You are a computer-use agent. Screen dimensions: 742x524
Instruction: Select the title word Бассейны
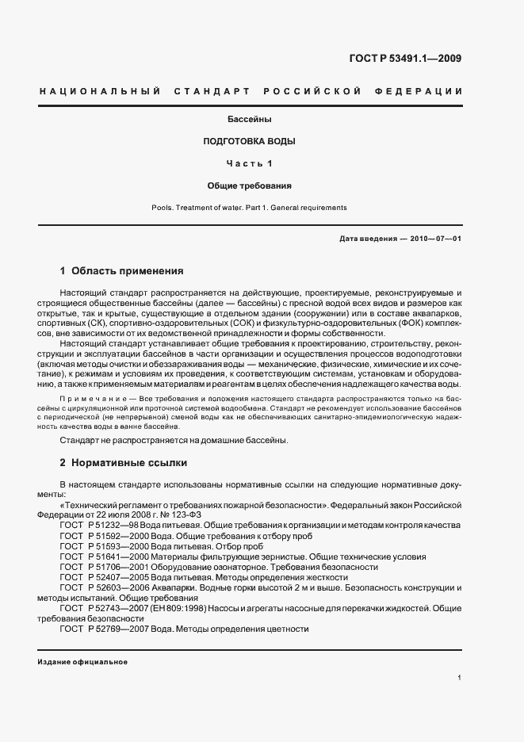coord(251,120)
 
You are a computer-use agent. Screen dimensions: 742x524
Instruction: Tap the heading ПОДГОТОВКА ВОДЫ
coord(250,142)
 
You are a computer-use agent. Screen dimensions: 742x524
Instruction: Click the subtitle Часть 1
coord(250,164)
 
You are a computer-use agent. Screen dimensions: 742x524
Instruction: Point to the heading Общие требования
coord(250,185)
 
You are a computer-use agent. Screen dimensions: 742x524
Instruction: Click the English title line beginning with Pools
coord(250,207)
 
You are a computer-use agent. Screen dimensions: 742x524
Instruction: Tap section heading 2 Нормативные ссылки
coord(123,461)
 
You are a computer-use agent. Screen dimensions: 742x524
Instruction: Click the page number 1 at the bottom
coord(460,678)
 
